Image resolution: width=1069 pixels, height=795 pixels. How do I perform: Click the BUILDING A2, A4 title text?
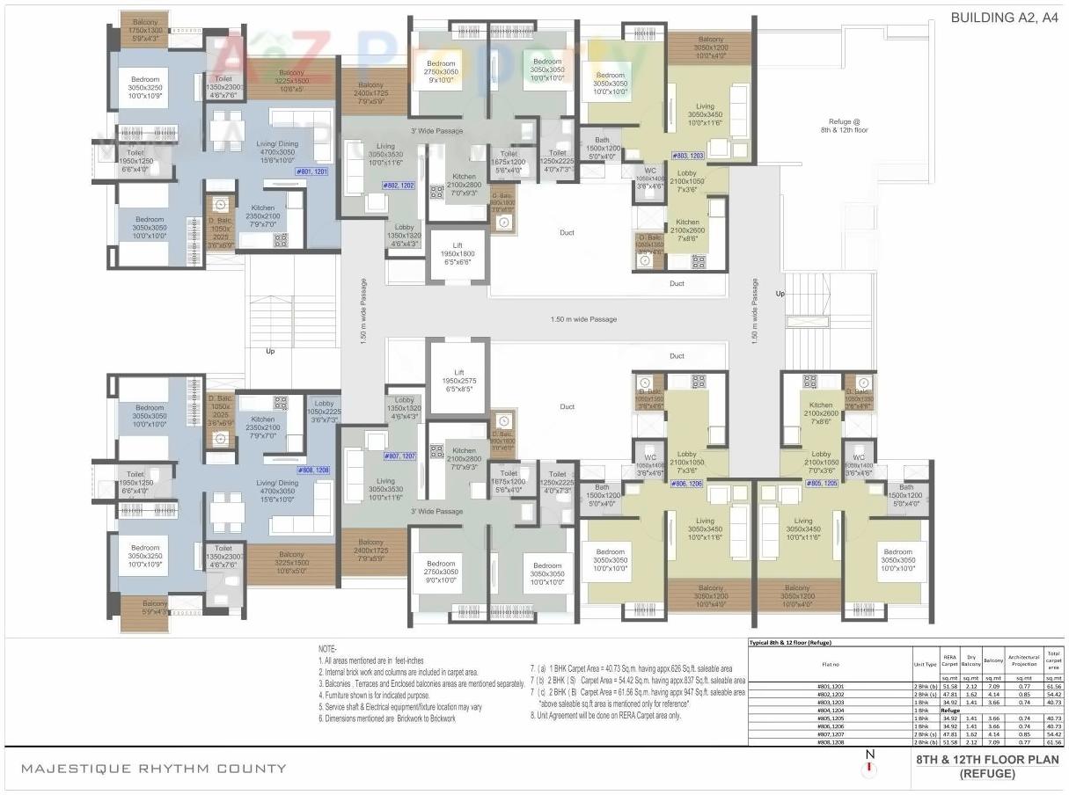[x=1003, y=17]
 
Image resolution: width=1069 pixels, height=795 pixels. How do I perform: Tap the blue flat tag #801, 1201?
[x=311, y=171]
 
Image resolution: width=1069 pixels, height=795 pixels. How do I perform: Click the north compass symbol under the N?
[x=869, y=769]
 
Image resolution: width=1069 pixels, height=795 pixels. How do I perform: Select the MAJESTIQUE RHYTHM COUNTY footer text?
[x=153, y=768]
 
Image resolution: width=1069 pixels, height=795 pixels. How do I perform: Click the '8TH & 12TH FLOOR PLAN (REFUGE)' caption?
[x=987, y=767]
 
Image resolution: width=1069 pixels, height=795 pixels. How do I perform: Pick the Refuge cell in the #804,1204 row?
[x=950, y=710]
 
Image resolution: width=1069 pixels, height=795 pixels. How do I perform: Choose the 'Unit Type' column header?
[x=925, y=665]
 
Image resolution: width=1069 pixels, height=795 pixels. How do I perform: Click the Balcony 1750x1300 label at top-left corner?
[x=139, y=30]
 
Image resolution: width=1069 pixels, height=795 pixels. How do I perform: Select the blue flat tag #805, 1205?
[x=824, y=484]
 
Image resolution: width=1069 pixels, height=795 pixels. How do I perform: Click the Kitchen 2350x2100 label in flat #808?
[x=262, y=428]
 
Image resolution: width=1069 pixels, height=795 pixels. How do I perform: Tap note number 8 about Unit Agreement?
[x=605, y=716]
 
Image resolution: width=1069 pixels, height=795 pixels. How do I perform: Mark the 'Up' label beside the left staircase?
[x=270, y=351]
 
